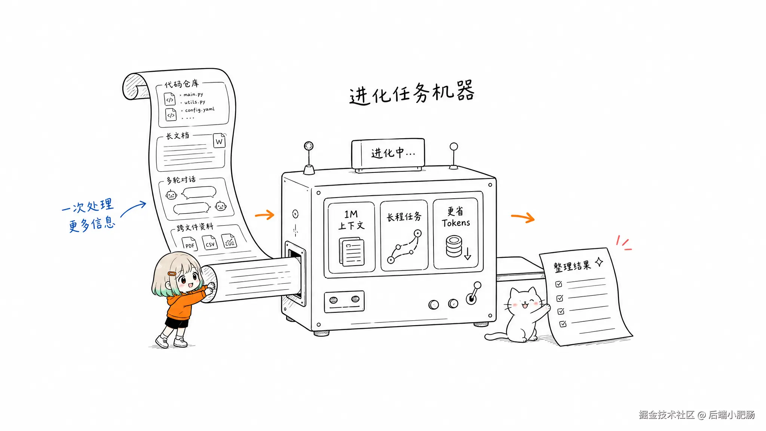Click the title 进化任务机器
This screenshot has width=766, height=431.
point(412,92)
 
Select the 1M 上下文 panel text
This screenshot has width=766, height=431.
point(351,220)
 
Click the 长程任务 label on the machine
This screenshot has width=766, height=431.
point(404,217)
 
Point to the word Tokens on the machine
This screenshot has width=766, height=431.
point(456,223)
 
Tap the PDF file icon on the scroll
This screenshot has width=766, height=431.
point(189,244)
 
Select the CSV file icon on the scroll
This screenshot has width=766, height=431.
point(209,242)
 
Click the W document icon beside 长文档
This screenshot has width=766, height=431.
point(219,141)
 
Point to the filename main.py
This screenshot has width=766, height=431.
point(193,94)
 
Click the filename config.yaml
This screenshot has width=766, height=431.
point(200,110)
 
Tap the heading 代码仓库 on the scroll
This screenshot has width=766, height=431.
point(182,84)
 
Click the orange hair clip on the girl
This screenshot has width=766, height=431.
point(172,274)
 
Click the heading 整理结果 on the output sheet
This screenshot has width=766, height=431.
point(572,266)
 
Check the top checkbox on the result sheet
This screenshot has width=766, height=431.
point(559,284)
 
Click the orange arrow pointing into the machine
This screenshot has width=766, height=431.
point(265,215)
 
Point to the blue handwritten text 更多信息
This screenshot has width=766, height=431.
point(92,224)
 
